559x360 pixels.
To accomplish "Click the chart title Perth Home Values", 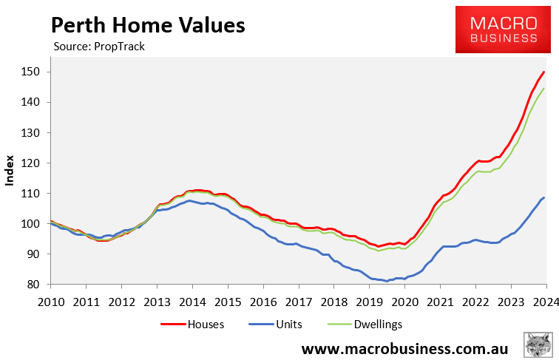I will pyautogui.click(x=147, y=25).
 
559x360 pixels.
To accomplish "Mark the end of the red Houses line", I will pyautogui.click(x=544, y=72).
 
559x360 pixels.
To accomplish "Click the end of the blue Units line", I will pyautogui.click(x=544, y=197).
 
